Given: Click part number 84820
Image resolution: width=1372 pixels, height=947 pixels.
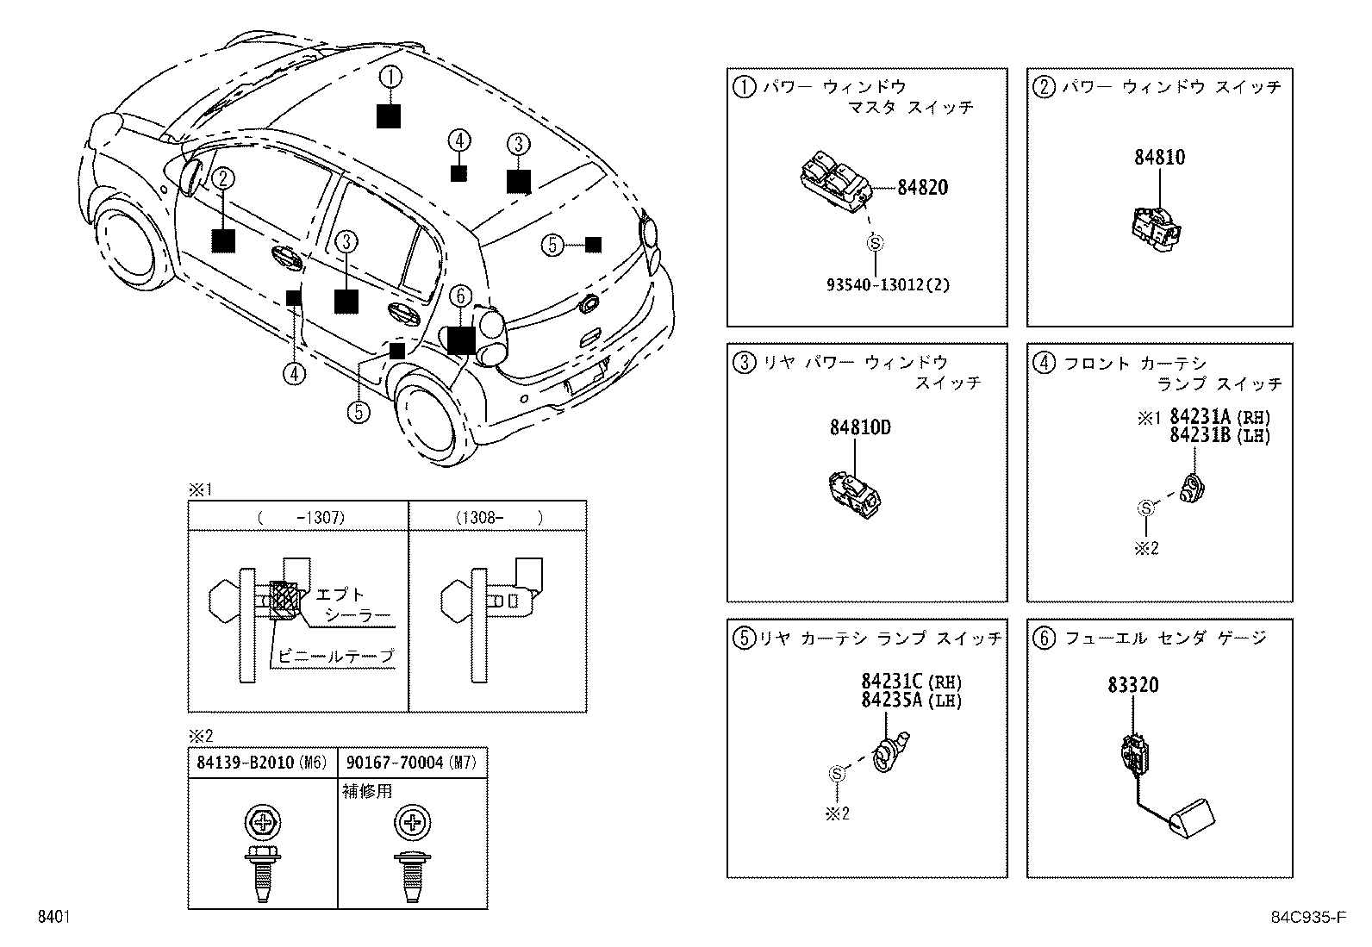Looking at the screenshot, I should coord(922,187).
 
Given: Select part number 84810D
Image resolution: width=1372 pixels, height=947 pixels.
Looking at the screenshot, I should coord(860,427).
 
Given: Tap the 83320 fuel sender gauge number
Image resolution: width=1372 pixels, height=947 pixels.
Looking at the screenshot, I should coord(1133,686).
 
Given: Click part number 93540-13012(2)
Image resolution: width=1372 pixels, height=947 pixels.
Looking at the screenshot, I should coord(887,284).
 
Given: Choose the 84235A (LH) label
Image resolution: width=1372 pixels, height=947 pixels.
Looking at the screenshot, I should coord(910,701).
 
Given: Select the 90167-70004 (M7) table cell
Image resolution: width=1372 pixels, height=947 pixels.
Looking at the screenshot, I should coord(411,762).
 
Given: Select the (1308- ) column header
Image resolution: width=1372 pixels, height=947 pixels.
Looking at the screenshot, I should coord(498,517).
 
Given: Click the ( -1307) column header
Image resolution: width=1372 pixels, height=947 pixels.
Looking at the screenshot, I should coord(299,517).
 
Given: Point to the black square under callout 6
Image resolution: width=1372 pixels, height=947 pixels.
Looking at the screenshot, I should coord(461,340).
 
